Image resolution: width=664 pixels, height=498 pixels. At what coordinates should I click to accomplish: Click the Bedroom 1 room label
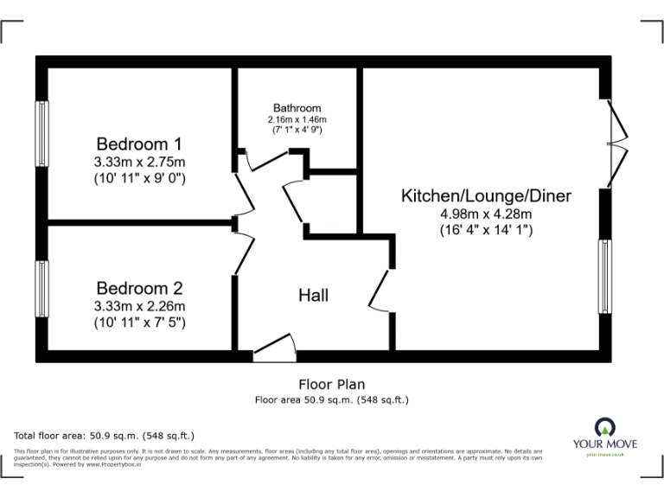click(139, 144)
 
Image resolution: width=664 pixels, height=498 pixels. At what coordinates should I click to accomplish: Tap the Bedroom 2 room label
click(139, 288)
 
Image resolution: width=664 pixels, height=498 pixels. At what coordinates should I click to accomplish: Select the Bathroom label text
click(297, 107)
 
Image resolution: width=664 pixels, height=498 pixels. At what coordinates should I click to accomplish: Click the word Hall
click(313, 296)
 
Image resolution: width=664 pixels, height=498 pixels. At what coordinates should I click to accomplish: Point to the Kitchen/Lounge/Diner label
click(485, 196)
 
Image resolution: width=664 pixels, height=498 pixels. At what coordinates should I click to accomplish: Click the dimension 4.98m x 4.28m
click(485, 214)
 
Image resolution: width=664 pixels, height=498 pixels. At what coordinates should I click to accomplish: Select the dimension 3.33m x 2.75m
click(139, 162)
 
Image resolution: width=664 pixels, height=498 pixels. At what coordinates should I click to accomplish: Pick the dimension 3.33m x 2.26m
click(139, 305)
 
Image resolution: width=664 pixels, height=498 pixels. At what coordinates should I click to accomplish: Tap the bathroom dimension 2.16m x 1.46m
click(297, 118)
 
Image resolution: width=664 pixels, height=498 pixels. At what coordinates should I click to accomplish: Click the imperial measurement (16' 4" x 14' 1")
click(485, 231)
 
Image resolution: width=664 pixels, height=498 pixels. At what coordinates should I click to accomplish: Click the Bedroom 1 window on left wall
click(41, 133)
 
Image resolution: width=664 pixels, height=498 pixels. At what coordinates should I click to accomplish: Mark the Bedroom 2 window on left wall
click(41, 288)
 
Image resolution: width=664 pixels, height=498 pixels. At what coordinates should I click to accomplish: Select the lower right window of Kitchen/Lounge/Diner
click(604, 277)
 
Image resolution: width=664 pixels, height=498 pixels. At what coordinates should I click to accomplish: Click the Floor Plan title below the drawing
click(331, 385)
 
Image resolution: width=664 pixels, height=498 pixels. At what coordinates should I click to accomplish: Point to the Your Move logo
click(605, 435)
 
